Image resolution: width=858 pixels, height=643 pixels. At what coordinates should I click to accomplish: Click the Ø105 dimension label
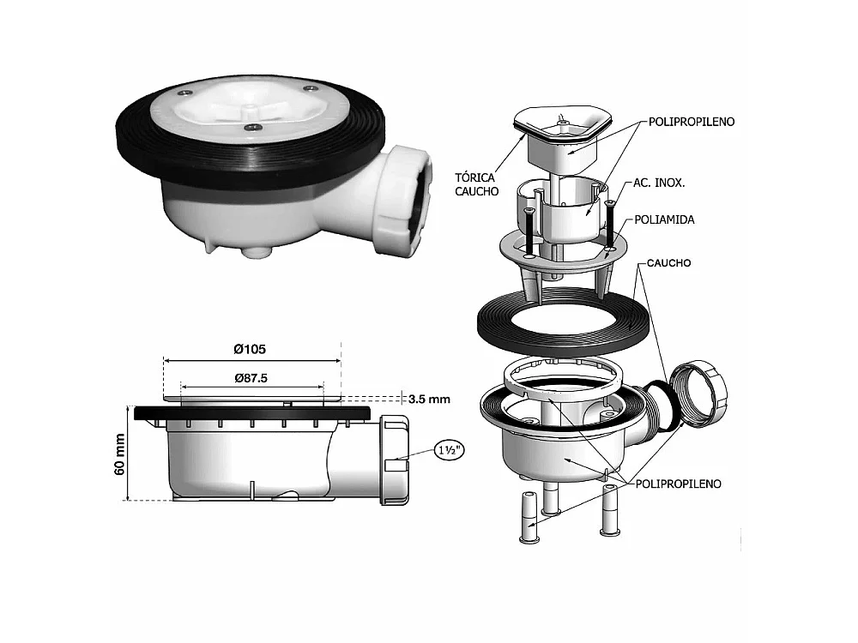coord(250,349)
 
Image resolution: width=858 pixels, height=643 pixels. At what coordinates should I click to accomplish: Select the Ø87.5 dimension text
coord(251,378)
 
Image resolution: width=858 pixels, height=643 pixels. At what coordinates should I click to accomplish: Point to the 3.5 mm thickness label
coord(429,400)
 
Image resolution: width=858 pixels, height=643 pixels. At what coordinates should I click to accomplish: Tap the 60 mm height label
coord(120,454)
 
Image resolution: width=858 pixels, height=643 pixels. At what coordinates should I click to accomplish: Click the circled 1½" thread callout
coord(450,450)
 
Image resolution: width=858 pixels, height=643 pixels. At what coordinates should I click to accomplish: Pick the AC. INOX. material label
coord(659,183)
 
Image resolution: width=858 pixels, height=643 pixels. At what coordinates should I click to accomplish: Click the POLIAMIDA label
coord(664,219)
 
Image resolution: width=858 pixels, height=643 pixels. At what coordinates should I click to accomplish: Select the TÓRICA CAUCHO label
coord(476,184)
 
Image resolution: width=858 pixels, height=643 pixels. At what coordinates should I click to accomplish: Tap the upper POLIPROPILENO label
coord(692,122)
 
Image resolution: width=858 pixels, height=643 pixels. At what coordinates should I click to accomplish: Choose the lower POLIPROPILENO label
coord(678,484)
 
